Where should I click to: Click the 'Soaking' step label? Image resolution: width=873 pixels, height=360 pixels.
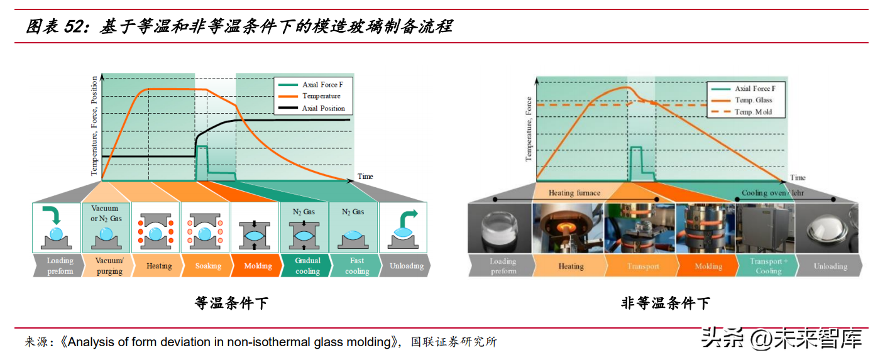tap(208, 266)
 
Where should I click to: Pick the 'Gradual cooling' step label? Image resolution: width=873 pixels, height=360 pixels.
tap(307, 266)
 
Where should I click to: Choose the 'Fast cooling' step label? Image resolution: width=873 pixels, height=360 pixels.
tap(356, 266)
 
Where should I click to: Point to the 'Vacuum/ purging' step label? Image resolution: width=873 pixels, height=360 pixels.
tap(109, 266)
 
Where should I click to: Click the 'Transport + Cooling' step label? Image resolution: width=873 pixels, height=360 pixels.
tap(769, 266)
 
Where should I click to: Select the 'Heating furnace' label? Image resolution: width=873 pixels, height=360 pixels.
tap(574, 193)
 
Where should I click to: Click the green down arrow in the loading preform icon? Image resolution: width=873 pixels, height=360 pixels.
tap(53, 214)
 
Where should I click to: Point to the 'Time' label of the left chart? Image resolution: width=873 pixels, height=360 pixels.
tap(365, 177)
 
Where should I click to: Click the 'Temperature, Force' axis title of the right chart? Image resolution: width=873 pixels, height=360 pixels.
tap(529, 129)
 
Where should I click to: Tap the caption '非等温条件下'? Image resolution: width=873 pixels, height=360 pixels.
tap(666, 303)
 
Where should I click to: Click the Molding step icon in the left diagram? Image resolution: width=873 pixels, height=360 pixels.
tap(255, 236)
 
